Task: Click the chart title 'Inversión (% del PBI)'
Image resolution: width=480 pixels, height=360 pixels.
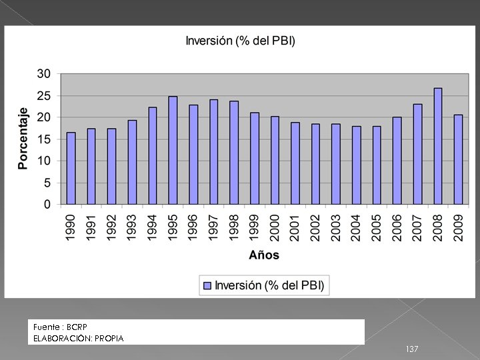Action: (x=240, y=41)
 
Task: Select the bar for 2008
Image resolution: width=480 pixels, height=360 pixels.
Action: (x=437, y=146)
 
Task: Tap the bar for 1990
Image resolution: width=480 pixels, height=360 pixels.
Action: (x=71, y=168)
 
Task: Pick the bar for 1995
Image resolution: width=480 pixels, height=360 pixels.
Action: (x=173, y=150)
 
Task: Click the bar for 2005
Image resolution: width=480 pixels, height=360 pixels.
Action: (x=377, y=165)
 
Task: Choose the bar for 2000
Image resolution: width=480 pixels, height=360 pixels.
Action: (x=275, y=160)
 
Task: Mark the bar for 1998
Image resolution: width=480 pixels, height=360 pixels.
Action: (x=234, y=153)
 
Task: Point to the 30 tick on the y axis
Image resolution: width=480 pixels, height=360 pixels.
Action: (x=44, y=73)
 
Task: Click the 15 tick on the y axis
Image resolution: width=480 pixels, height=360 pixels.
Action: (x=44, y=139)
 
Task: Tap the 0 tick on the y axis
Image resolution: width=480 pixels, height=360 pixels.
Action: (x=47, y=204)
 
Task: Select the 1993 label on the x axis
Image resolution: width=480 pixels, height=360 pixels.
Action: (x=132, y=228)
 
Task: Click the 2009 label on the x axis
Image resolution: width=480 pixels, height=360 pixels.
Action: (x=458, y=228)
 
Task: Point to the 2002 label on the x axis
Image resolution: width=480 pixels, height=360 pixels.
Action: (x=315, y=228)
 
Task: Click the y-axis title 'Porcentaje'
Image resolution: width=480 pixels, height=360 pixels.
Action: (x=23, y=139)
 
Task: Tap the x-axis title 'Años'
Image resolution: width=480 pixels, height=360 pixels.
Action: (x=264, y=255)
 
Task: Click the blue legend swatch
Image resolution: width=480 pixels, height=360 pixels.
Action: (x=207, y=285)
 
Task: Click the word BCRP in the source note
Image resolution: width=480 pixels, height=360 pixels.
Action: (x=77, y=327)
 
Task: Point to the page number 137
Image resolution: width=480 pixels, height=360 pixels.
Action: (x=412, y=349)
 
